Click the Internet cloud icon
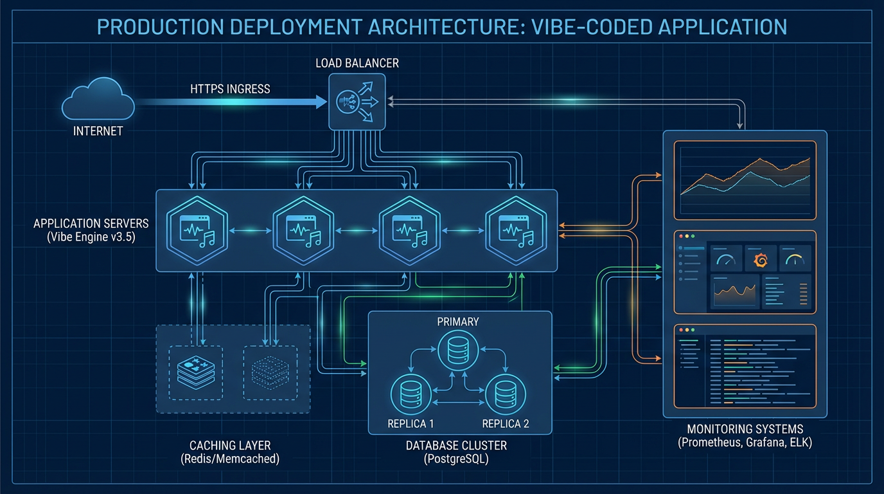(98, 102)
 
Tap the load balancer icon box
(357, 101)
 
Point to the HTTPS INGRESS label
(230, 89)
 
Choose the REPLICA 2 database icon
(505, 393)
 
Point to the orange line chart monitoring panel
(745, 180)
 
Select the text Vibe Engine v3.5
(91, 236)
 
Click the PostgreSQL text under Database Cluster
(456, 459)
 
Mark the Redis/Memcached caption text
(230, 459)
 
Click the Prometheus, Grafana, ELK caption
(745, 443)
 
